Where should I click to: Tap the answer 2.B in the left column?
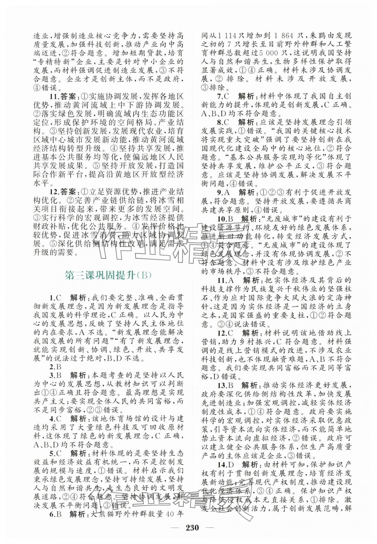tap(55, 367)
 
